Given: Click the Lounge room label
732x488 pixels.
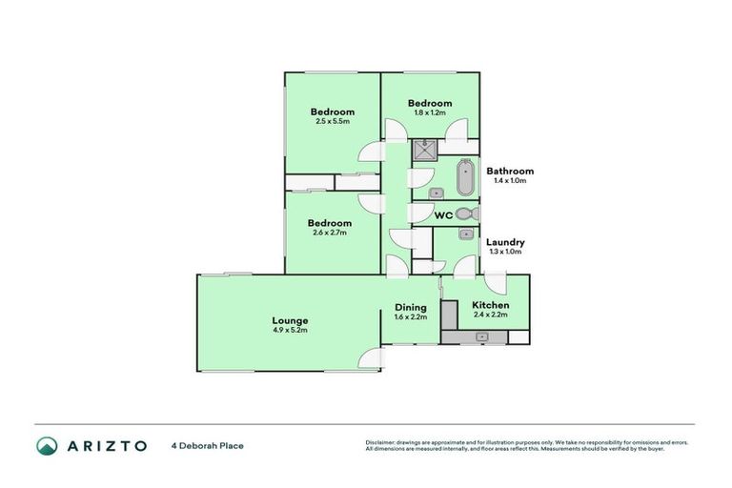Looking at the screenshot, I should [x=290, y=321].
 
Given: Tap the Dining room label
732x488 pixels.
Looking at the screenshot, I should [x=410, y=308].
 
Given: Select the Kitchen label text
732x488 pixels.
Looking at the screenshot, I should [x=490, y=305].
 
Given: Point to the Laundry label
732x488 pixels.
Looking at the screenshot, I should [x=505, y=242].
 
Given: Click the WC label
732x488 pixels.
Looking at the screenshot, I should [x=442, y=216].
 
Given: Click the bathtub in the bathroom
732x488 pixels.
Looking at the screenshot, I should [x=465, y=177].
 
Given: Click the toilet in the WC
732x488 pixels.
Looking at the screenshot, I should [x=464, y=213].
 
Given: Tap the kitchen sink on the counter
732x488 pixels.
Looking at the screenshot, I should [x=482, y=336].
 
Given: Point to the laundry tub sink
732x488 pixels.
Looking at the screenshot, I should [x=466, y=234].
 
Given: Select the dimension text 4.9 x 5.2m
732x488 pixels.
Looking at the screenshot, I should [x=290, y=331].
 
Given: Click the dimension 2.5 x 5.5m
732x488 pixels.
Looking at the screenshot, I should [x=333, y=122].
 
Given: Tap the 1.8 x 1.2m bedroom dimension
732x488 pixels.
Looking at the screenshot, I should [x=430, y=112].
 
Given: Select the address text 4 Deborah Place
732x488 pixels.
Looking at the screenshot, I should [x=207, y=445].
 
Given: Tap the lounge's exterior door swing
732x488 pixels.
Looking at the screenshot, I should [x=370, y=360].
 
